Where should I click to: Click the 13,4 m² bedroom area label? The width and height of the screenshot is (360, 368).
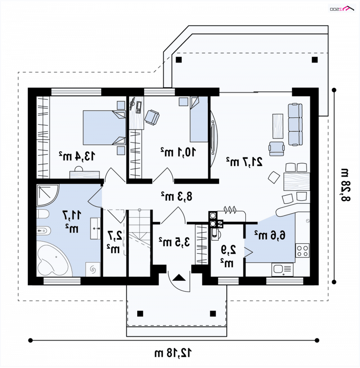pyautogui.click(x=77, y=156)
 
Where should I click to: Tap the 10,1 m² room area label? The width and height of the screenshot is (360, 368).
pyautogui.click(x=178, y=152)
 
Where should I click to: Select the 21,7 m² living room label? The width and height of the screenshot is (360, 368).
pyautogui.click(x=244, y=162)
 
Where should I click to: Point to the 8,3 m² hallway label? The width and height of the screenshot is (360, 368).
pyautogui.click(x=176, y=196)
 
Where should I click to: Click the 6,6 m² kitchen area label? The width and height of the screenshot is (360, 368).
pyautogui.click(x=270, y=235)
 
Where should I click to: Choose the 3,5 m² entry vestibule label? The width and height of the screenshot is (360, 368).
pyautogui.click(x=174, y=242)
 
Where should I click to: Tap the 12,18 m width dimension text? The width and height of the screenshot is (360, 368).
pyautogui.click(x=173, y=353)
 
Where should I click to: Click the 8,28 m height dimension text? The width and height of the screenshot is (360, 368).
pyautogui.click(x=345, y=185)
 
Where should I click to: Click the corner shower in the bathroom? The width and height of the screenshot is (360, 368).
pyautogui.click(x=48, y=195)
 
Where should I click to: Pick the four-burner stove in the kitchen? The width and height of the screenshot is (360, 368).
pyautogui.click(x=302, y=251)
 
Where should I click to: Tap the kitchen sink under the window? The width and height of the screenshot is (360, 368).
pyautogui.click(x=283, y=269)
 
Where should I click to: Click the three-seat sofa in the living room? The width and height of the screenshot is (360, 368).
pyautogui.click(x=295, y=124)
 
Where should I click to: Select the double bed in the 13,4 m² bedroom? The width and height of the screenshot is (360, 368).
pyautogui.click(x=104, y=128)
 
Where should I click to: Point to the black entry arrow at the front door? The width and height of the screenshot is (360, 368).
pyautogui.click(x=179, y=278)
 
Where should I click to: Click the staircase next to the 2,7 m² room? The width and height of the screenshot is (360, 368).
pyautogui.click(x=139, y=243)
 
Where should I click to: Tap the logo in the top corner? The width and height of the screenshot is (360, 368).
pyautogui.click(x=342, y=9)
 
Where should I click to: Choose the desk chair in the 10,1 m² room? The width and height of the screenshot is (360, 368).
pyautogui.click(x=152, y=117)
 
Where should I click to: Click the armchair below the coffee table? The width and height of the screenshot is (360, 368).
pyautogui.click(x=277, y=149)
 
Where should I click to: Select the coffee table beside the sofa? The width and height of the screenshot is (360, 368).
pyautogui.click(x=278, y=126)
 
